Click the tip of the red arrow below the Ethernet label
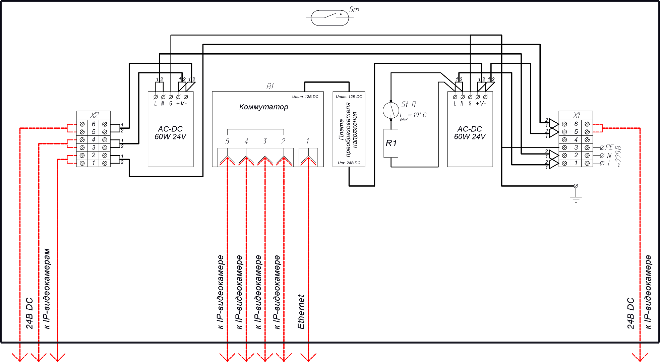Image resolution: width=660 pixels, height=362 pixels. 308,361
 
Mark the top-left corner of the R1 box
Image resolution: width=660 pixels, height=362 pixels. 384,129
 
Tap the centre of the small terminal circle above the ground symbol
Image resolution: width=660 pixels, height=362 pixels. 576,186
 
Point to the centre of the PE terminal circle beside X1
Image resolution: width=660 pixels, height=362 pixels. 602,147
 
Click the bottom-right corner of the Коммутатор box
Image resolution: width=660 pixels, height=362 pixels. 323,167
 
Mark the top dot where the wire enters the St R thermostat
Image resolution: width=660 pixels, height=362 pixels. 391,101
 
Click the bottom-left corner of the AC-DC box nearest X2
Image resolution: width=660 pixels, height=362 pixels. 148,167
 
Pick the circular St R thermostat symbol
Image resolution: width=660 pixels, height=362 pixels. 391,110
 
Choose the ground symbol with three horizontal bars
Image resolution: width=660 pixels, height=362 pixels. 576,199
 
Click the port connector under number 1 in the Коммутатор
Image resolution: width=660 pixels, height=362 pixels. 308,157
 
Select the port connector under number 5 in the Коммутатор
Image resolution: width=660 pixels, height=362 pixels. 227,157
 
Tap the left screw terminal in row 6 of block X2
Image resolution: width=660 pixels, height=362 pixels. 82,124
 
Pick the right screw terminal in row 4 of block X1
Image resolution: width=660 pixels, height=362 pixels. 587,139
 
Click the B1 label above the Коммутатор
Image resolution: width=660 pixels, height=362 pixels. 270,86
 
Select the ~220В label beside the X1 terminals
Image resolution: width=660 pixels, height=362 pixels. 619,156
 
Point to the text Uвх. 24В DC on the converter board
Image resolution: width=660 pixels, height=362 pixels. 349,163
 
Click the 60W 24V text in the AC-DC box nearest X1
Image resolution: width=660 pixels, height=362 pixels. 470,137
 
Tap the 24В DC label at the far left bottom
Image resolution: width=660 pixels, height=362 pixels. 30,313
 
